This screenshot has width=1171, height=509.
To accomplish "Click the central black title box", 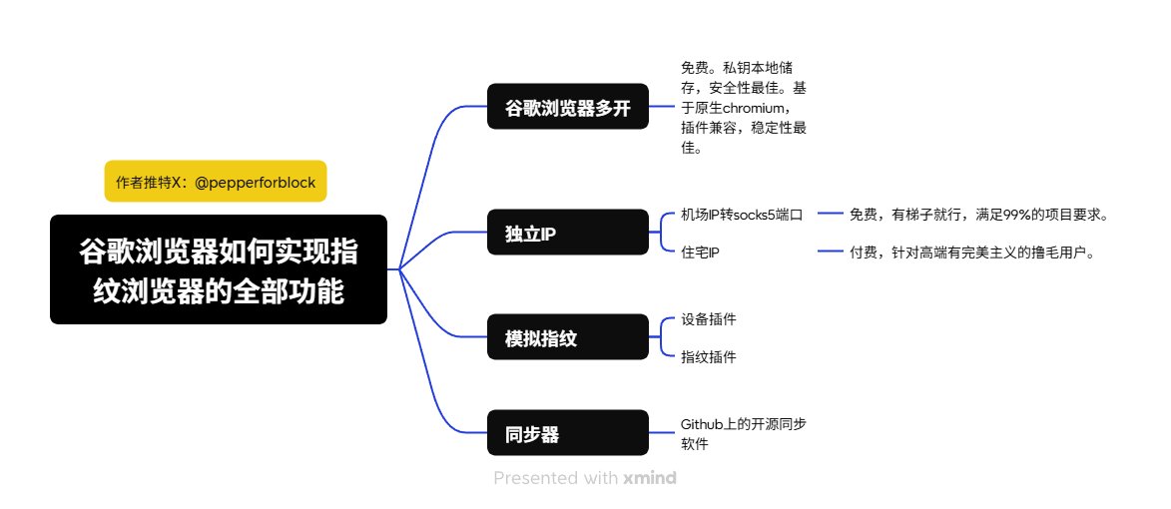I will tap(219, 269).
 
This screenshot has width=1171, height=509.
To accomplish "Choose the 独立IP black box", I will tap(568, 233).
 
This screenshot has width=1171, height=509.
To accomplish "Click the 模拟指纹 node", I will tap(568, 338).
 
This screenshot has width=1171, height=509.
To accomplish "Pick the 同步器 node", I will tap(568, 433).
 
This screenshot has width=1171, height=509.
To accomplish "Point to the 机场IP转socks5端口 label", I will tap(741, 215).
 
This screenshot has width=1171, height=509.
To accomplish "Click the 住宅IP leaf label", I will tap(701, 253).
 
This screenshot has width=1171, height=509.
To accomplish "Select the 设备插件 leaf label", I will tap(709, 319).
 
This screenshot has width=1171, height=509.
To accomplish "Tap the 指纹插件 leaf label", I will tap(709, 356).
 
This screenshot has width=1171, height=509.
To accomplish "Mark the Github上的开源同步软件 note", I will tap(744, 433).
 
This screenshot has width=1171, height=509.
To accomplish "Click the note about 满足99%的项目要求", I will tap(978, 215).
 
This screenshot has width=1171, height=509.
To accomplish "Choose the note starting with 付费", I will tap(972, 253).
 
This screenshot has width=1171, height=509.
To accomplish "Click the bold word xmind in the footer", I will tap(650, 478).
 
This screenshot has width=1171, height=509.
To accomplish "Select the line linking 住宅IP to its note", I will tap(831, 253).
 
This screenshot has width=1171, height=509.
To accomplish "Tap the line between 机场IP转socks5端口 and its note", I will tap(831, 215).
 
